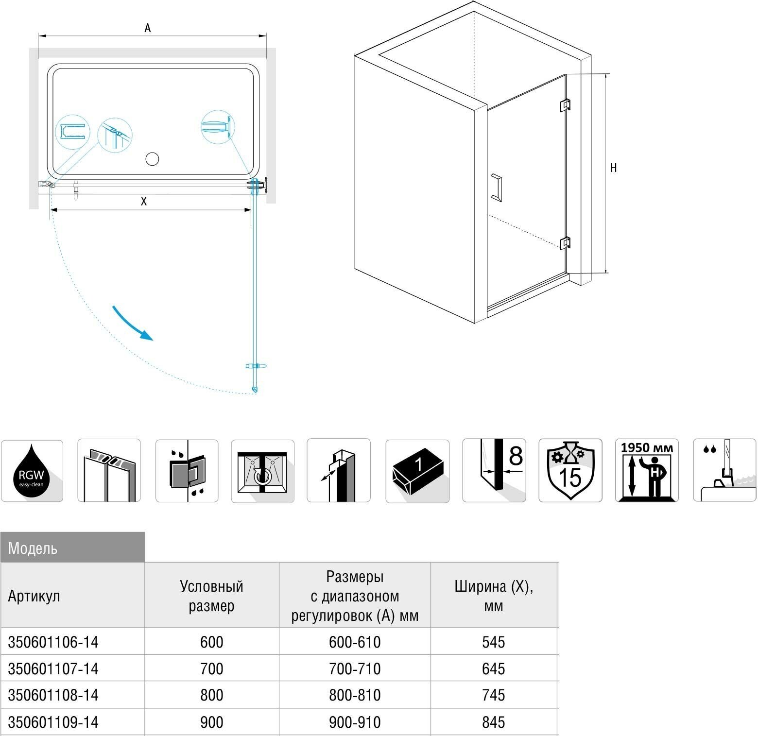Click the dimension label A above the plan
(x=148, y=28)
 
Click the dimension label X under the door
(x=144, y=202)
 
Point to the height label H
(x=614, y=168)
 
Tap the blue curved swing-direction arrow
(x=132, y=323)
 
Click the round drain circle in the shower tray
(x=153, y=159)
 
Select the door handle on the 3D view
(x=497, y=188)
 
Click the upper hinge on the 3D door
(x=565, y=105)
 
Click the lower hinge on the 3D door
(x=565, y=242)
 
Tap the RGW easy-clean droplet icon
(x=32, y=471)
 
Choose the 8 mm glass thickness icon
(x=494, y=470)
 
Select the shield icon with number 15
(x=570, y=470)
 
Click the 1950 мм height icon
(x=647, y=470)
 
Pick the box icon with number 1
(x=417, y=470)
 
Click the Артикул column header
(x=34, y=596)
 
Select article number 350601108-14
(x=53, y=696)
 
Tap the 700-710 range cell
(x=355, y=669)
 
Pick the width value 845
(x=494, y=722)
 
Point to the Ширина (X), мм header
(x=494, y=596)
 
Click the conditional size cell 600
(x=212, y=642)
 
